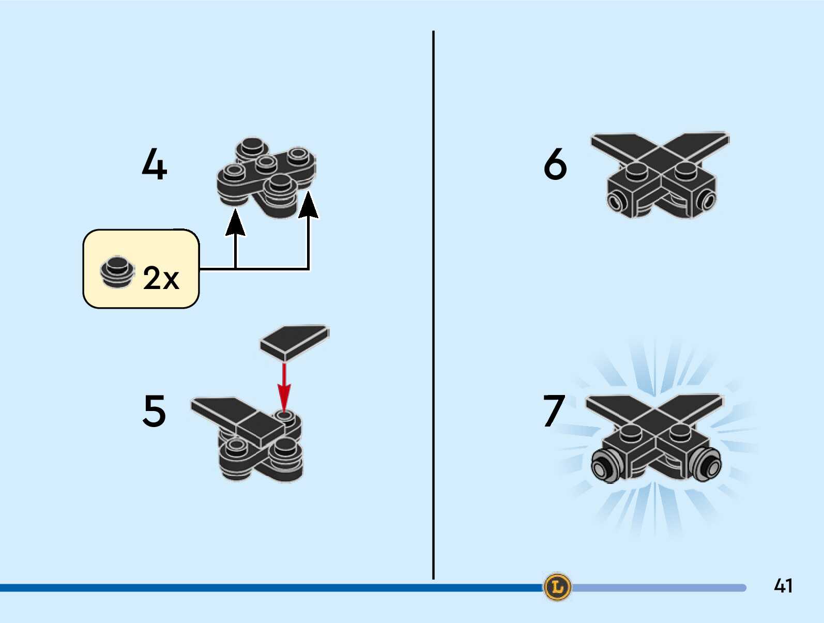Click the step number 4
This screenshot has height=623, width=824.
coord(154,164)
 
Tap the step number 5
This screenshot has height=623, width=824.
coord(154,411)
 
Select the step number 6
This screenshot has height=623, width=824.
coord(555,164)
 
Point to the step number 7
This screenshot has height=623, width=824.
coord(554,411)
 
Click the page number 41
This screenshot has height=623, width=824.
coord(783,586)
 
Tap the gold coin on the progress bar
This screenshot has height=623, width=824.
coord(557,587)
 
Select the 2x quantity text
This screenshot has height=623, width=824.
coord(161,278)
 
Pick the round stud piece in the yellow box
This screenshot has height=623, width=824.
coord(117,271)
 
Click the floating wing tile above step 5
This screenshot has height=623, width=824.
coord(294,339)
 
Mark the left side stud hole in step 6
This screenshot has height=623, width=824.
coord(615,202)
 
